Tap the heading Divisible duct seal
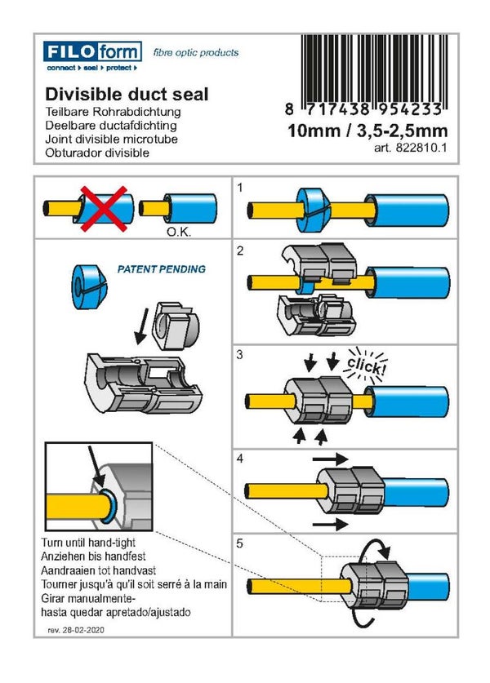127,94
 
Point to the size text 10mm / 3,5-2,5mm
367,131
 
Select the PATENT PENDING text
162,268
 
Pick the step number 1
241,188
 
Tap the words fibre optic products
196,52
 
